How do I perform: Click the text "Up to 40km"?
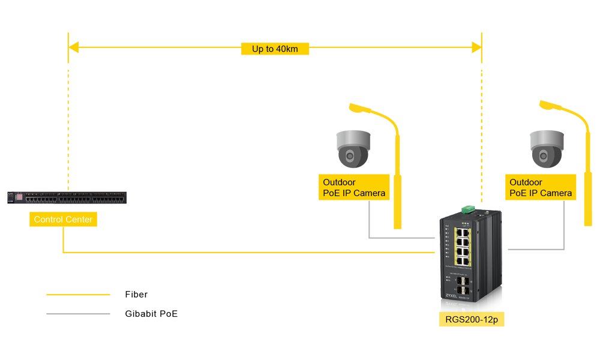point(275,49)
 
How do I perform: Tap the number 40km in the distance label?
point(287,49)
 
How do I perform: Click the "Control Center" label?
point(63,220)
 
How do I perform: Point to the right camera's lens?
point(544,155)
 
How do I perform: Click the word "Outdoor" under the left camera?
point(340,182)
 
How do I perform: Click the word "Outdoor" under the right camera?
point(526,182)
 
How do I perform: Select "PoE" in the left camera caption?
point(332,193)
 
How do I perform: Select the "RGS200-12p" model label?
point(472,320)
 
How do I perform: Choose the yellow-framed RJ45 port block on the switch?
point(463,246)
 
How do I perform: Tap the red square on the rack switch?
point(17,197)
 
